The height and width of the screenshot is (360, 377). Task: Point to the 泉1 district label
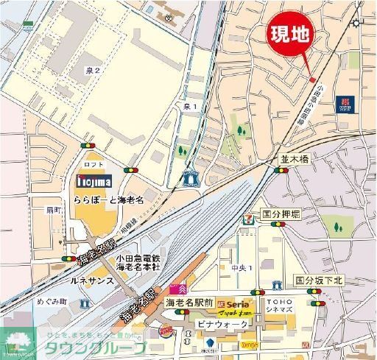[x=190, y=107]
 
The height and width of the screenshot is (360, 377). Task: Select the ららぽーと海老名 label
[x=108, y=200]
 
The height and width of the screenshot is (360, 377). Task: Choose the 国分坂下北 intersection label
[x=320, y=280]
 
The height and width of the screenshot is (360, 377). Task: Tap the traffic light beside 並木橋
[x=282, y=170]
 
